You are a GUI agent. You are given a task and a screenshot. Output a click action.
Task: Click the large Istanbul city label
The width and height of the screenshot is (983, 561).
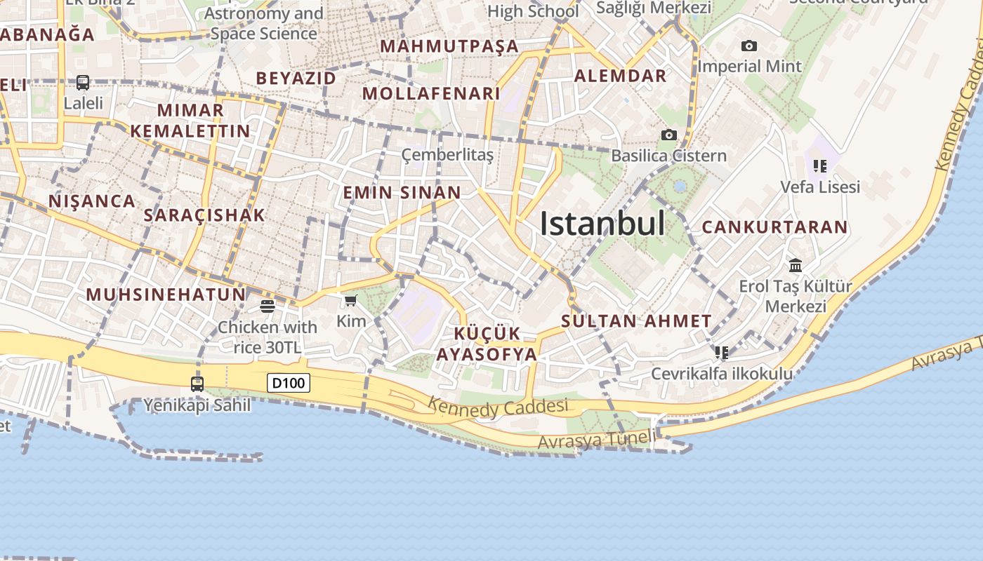click(x=602, y=224)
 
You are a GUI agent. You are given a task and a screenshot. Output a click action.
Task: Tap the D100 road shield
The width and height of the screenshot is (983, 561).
click(x=289, y=383)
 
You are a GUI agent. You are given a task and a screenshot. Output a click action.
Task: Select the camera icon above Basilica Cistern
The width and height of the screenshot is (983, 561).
click(x=668, y=135)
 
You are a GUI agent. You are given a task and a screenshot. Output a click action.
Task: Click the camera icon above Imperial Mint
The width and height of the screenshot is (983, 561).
click(x=749, y=46)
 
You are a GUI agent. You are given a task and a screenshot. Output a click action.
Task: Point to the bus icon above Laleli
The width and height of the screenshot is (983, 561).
click(x=83, y=83)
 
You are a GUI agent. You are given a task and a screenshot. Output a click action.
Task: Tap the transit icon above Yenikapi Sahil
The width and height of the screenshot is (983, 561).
click(x=197, y=384)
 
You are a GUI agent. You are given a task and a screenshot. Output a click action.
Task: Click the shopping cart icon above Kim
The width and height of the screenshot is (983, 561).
click(x=351, y=301)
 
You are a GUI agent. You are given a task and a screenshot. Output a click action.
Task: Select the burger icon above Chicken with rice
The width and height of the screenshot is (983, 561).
click(x=267, y=306)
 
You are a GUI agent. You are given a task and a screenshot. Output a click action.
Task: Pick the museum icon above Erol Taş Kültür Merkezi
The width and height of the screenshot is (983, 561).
click(x=796, y=265)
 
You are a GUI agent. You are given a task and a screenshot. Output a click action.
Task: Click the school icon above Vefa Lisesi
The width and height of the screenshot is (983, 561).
click(x=819, y=166)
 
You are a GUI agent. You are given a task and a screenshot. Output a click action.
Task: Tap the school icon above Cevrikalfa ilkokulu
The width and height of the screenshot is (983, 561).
click(x=721, y=351)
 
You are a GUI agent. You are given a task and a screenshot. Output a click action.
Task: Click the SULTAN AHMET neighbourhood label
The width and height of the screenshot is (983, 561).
click(x=637, y=321)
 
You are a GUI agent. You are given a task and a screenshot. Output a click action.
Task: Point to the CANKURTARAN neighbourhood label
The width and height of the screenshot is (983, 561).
click(x=775, y=227)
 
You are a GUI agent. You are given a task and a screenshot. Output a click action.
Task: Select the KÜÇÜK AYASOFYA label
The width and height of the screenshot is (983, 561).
click(x=487, y=344)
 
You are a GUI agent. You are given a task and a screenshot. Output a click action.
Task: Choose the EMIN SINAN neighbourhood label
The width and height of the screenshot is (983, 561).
click(x=402, y=192)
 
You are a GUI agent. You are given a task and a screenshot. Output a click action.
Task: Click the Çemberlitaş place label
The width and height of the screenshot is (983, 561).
click(x=447, y=154)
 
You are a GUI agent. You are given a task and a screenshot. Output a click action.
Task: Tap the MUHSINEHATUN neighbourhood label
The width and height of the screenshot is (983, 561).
click(x=166, y=295)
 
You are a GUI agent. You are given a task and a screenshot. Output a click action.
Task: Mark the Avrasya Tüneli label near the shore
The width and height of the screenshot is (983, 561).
click(x=597, y=440)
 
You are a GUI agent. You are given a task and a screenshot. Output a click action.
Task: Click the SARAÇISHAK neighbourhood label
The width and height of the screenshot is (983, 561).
click(x=204, y=215)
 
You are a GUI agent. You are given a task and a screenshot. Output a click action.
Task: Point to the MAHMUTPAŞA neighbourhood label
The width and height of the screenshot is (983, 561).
click(x=449, y=46)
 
